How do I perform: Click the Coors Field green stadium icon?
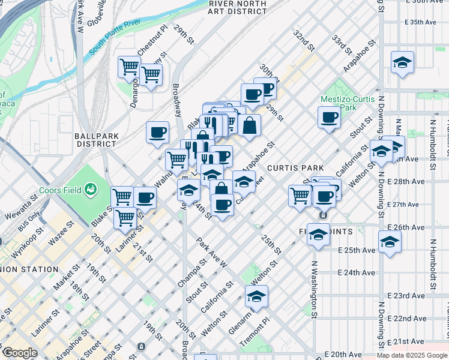tap(91, 190)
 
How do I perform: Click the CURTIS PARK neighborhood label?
tap(295, 168)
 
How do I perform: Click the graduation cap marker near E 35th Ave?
tap(402, 62)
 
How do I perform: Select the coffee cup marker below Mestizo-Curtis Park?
tap(328, 117)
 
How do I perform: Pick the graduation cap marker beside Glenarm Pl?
tap(257, 296)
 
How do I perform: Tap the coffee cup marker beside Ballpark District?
tap(157, 131)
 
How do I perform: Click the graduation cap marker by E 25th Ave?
tap(390, 241)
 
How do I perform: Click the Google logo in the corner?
tap(19, 353)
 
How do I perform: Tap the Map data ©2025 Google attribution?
tap(412, 356)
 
